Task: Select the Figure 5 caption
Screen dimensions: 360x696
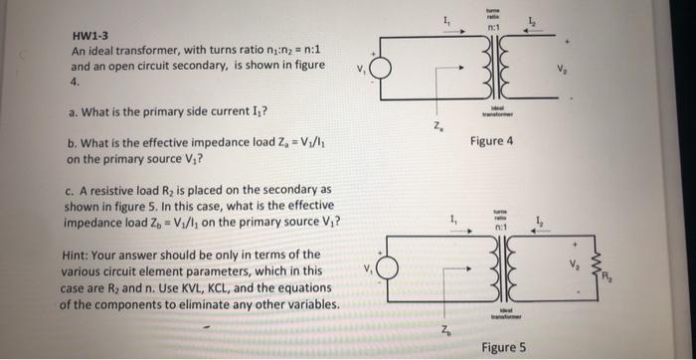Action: pyautogui.click(x=503, y=347)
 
